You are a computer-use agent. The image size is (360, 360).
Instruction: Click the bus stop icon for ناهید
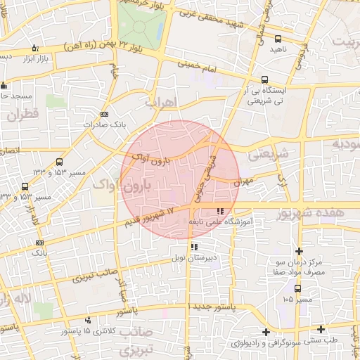click(278, 39)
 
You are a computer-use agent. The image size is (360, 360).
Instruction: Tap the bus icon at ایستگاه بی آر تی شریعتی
click(264, 79)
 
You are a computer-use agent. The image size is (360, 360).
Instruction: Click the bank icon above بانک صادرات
click(105, 114)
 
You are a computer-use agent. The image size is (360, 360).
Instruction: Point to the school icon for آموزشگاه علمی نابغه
click(221, 210)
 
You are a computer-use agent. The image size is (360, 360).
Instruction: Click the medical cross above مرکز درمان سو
click(300, 251)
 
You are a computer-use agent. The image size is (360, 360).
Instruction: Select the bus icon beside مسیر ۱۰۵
click(297, 288)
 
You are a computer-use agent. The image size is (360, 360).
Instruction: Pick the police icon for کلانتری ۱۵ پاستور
click(88, 320)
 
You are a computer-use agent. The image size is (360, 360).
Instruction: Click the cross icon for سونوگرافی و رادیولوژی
click(265, 332)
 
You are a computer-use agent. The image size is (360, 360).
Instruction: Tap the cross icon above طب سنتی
click(321, 329)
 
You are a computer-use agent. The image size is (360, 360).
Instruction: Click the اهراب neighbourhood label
click(162, 103)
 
